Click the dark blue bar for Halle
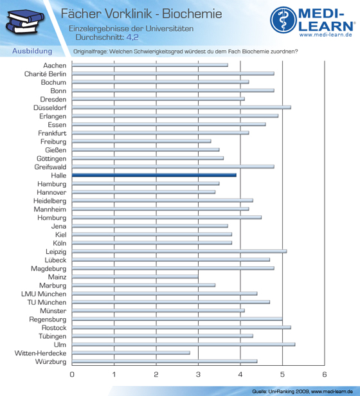154,175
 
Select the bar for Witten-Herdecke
131,353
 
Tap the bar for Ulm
183,345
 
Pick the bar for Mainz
135,277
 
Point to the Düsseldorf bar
181,107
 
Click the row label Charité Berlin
45,74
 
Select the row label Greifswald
50,167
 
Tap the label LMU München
44,294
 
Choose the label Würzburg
51,362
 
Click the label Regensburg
48,319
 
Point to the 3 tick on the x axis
198,374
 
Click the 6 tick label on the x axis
325,374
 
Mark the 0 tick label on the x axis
72,374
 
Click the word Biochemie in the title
192,14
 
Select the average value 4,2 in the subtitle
132,37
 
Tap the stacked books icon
24,22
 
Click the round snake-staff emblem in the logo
283,20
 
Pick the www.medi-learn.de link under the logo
326,35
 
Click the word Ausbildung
32,51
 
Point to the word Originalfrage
90,51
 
